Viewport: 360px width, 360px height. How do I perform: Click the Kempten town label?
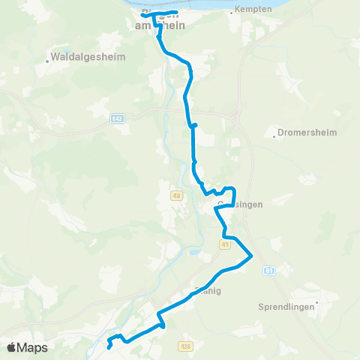[253, 9]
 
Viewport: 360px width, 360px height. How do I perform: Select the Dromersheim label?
[307, 132]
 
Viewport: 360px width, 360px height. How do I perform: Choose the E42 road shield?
[116, 118]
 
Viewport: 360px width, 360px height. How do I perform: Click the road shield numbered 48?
[176, 196]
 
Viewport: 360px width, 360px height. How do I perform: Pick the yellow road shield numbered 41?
[224, 244]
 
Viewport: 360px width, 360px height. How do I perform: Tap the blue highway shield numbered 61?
[270, 271]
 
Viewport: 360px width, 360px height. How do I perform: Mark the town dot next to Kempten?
[232, 13]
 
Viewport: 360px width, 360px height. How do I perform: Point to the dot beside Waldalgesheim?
[47, 61]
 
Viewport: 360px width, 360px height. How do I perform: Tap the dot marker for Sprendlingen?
[318, 302]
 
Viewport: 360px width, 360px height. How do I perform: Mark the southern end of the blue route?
[109, 346]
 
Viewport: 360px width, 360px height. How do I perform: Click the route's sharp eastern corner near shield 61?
[251, 257]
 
